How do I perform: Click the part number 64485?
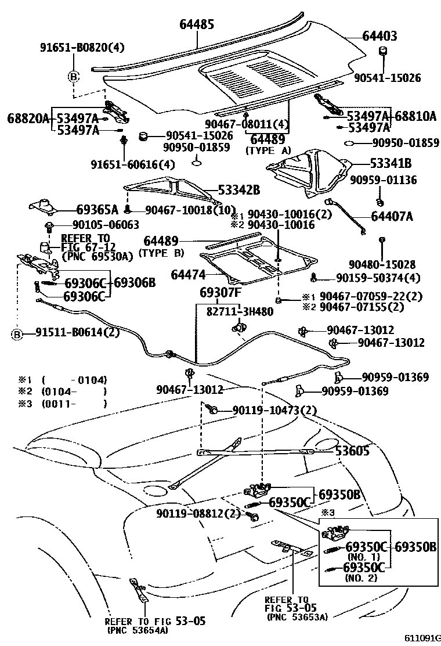[x=197, y=24]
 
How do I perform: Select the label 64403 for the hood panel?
[x=379, y=37]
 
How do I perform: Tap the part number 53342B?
[x=238, y=190]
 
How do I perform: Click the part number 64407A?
[x=392, y=217]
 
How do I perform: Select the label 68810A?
[x=415, y=116]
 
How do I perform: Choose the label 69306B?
[x=135, y=283]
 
